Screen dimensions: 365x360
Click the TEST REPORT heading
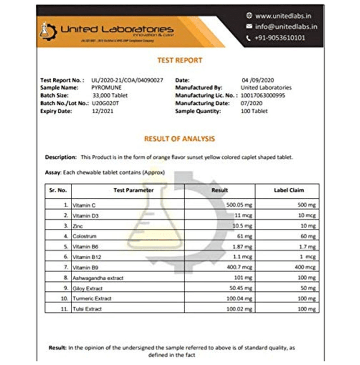click(x=179, y=60)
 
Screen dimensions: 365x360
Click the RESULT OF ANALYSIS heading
click(x=179, y=139)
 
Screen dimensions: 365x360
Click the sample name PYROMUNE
click(x=106, y=88)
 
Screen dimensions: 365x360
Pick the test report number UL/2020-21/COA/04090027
click(x=127, y=80)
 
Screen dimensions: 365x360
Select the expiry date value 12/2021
click(x=102, y=111)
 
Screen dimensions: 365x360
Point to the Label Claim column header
click(x=289, y=190)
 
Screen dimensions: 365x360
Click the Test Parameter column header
click(x=134, y=190)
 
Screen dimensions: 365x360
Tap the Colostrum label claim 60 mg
click(x=308, y=236)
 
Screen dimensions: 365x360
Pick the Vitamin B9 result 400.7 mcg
click(x=239, y=267)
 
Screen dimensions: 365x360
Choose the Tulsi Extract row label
click(x=88, y=309)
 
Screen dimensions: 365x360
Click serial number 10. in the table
click(x=64, y=298)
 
